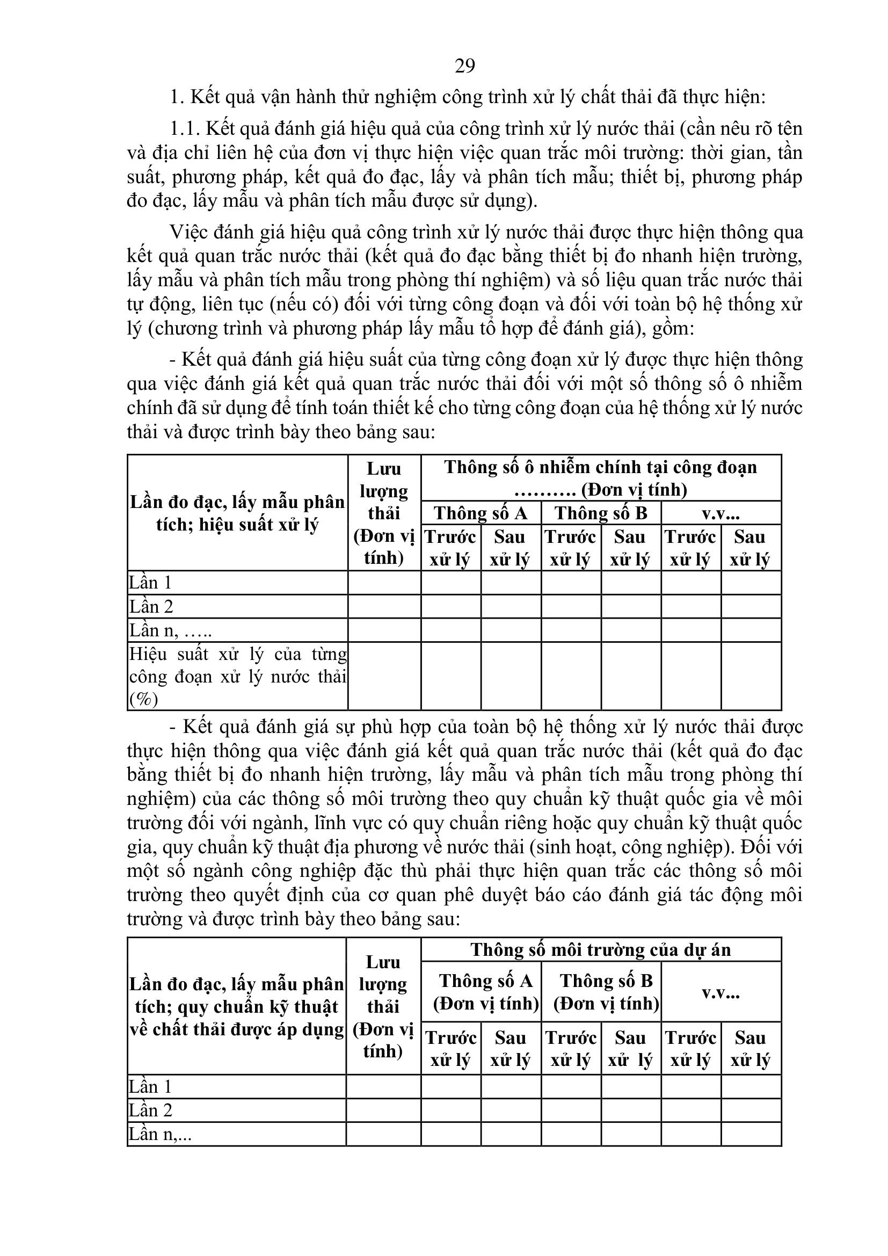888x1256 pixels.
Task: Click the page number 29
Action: pyautogui.click(x=465, y=66)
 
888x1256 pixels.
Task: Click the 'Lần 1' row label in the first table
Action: pyautogui.click(x=150, y=583)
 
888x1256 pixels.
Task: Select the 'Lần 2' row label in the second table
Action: pyautogui.click(x=150, y=1110)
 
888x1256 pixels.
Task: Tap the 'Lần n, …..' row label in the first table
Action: pyautogui.click(x=170, y=630)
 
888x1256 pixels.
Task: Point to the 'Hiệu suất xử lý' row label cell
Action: pyautogui.click(x=237, y=676)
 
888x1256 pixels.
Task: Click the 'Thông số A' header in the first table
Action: pyautogui.click(x=481, y=513)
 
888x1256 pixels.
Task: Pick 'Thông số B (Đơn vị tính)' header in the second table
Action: pyautogui.click(x=606, y=991)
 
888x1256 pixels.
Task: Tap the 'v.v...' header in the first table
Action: pyautogui.click(x=720, y=513)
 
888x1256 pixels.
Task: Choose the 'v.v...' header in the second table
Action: pyautogui.click(x=720, y=992)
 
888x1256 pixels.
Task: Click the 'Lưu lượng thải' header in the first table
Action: pyautogui.click(x=384, y=513)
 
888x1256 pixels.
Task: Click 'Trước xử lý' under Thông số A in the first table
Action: pyautogui.click(x=450, y=548)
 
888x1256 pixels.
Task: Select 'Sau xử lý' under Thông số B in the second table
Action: pyautogui.click(x=630, y=1048)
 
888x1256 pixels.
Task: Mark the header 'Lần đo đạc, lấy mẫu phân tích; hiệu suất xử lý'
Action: pyautogui.click(x=237, y=513)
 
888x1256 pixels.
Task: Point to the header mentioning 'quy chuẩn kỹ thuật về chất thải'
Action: pyautogui.click(x=236, y=1006)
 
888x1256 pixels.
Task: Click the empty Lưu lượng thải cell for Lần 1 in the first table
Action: pyautogui.click(x=384, y=583)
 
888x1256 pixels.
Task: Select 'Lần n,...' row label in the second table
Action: pyautogui.click(x=160, y=1134)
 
